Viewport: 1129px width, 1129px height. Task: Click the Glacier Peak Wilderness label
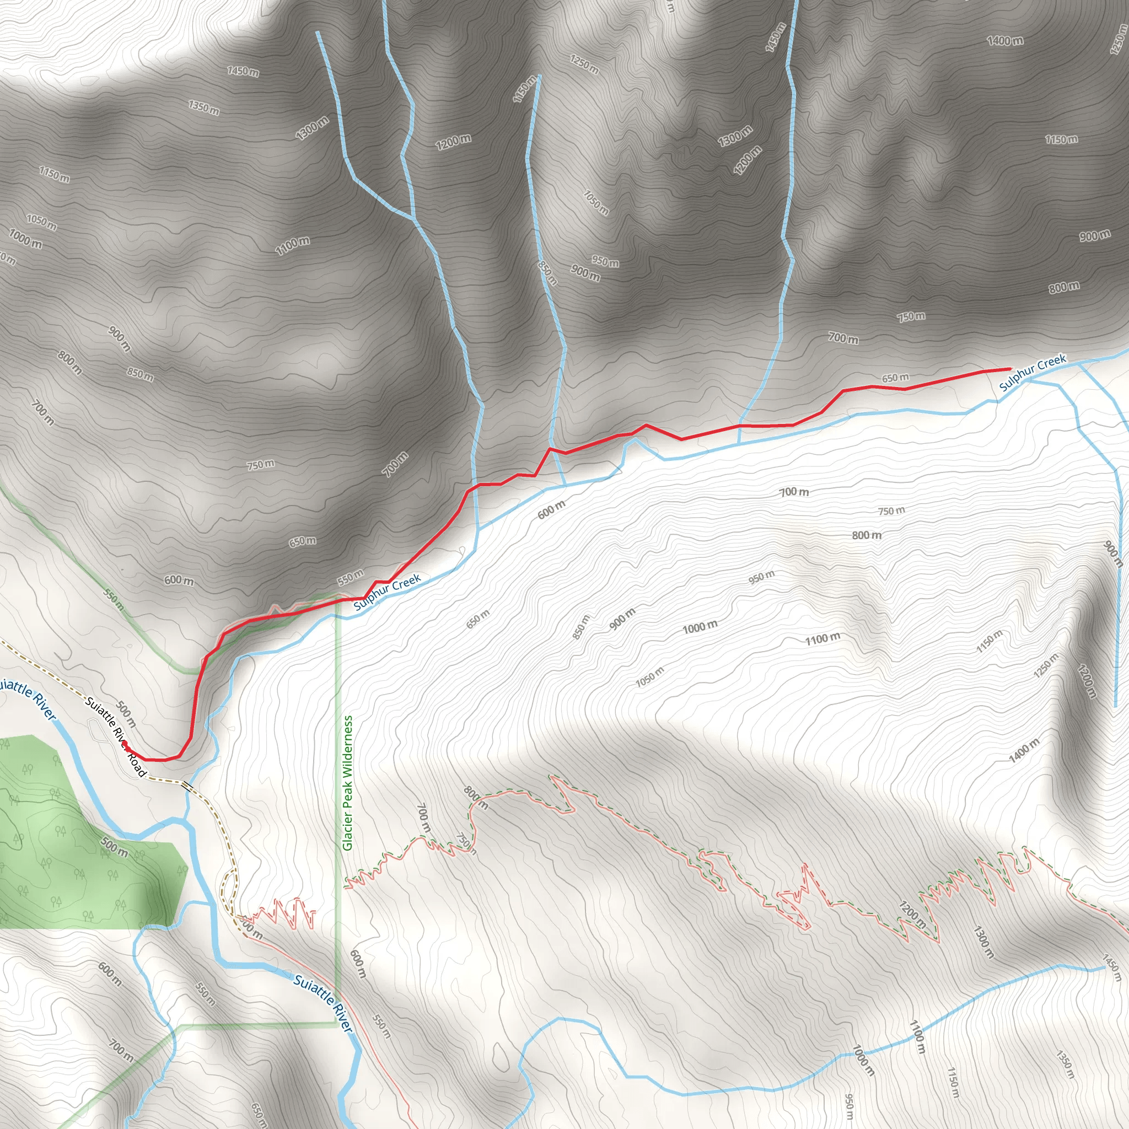pos(348,783)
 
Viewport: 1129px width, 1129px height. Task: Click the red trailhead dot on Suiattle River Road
pos(125,743)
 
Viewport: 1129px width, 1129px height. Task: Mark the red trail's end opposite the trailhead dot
pos(1010,369)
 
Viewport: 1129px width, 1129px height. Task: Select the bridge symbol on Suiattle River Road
pos(187,786)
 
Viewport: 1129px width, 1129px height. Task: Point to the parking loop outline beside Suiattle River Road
pos(98,730)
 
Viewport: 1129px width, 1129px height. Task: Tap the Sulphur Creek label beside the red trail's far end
pos(1033,372)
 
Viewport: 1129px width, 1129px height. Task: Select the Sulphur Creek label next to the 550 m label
pos(387,592)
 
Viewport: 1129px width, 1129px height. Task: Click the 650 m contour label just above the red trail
pos(895,378)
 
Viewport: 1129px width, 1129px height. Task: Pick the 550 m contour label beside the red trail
pos(351,578)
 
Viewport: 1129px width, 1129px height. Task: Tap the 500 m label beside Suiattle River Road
pos(127,714)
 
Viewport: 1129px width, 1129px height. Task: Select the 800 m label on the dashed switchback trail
pos(476,798)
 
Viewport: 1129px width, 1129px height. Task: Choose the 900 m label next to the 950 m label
pos(585,272)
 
